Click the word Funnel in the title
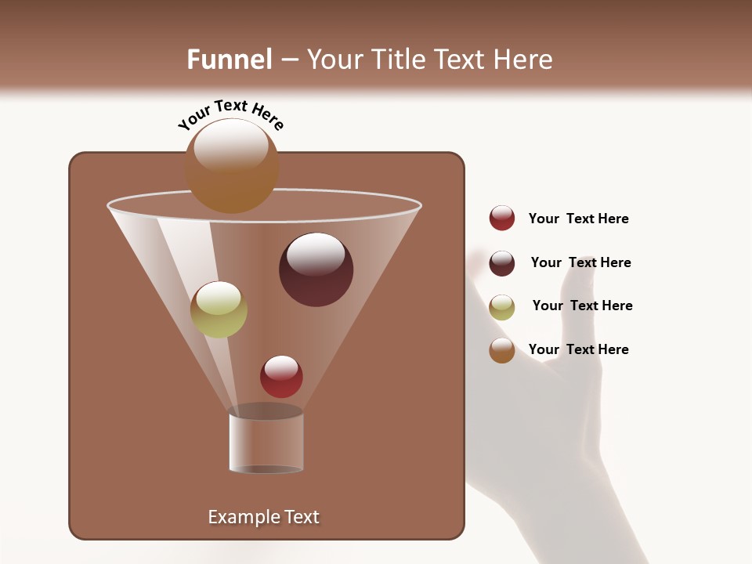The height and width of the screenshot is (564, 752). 229,59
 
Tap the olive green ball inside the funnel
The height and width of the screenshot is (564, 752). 219,310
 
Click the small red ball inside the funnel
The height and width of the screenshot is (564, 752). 281,377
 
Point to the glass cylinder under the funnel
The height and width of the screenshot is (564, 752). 266,443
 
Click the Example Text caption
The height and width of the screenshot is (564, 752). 263,517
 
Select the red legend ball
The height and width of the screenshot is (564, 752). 502,218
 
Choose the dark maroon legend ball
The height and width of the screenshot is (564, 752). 502,263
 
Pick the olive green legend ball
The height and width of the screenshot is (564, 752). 502,307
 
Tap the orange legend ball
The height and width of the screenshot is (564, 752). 502,350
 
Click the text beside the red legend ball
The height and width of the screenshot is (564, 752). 578,219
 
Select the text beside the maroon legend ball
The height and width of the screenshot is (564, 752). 580,262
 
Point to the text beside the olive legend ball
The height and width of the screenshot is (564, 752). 582,305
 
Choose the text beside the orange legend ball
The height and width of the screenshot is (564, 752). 578,349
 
